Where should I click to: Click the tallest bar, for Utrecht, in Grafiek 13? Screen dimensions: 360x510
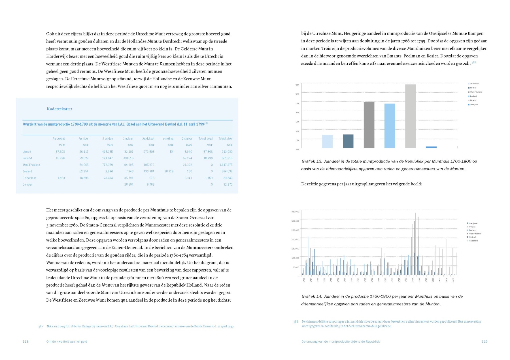tap(410, 116)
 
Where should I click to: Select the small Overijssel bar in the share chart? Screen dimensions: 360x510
tap(431, 147)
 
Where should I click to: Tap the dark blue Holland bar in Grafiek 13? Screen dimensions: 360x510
tap(348, 141)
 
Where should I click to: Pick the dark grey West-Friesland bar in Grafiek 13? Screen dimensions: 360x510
tap(369, 125)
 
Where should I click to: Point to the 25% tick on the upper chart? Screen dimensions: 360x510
tap(297, 103)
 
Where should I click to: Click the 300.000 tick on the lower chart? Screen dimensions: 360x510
tap(295, 221)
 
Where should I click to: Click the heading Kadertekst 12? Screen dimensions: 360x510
tap(59, 109)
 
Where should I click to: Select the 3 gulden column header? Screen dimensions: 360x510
tap(107, 139)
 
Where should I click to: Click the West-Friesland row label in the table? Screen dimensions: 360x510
tap(31, 165)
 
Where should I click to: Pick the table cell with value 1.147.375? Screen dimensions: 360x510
tap(226, 165)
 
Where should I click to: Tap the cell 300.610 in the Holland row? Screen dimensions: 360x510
tap(128, 158)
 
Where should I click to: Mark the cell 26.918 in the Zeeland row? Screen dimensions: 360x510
tap(169, 171)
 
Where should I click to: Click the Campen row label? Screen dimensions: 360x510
tap(27, 185)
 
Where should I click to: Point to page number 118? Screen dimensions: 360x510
tap(25, 342)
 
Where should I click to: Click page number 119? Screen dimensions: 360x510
tap(484, 342)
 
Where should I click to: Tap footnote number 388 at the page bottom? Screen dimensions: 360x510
tap(296, 322)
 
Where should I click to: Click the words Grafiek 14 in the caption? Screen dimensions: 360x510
tap(312, 297)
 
